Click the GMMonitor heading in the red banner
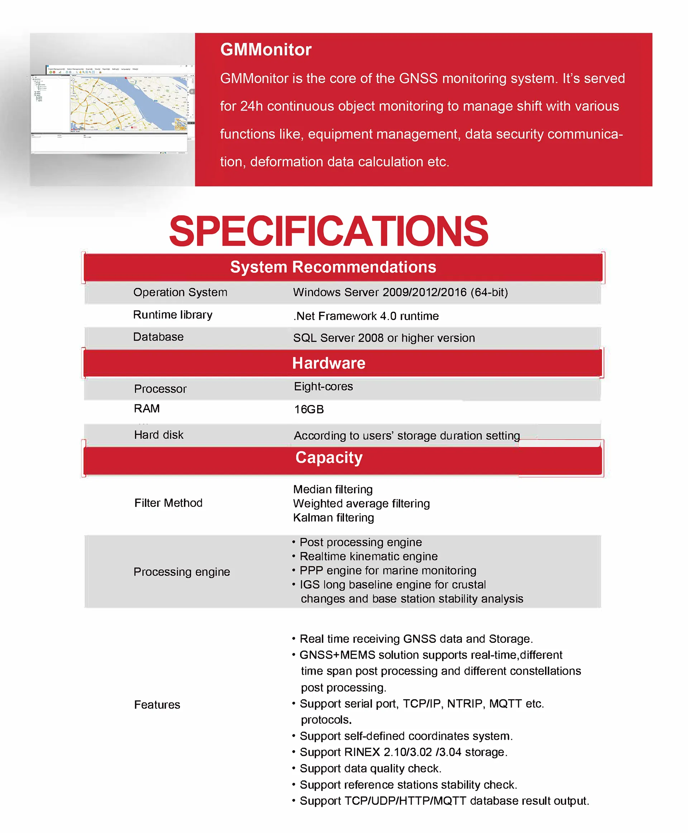tap(266, 50)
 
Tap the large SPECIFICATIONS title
tap(329, 231)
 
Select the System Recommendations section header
tap(333, 267)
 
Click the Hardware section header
tap(329, 363)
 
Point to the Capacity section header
tap(329, 457)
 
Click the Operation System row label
tap(180, 292)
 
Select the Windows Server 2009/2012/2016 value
tap(400, 292)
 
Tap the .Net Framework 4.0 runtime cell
tap(366, 316)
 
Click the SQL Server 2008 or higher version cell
tap(384, 338)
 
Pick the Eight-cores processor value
tap(323, 386)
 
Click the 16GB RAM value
tap(309, 409)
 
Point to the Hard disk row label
tap(158, 435)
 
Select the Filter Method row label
tap(168, 503)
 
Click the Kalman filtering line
tap(333, 518)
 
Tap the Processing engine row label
tap(182, 571)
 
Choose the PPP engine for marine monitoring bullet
tap(387, 570)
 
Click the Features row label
tap(157, 705)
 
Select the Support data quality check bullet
tap(370, 768)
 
